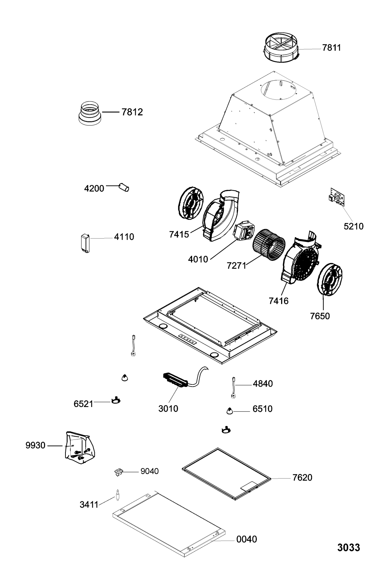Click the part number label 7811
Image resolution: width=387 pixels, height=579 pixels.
tap(331, 48)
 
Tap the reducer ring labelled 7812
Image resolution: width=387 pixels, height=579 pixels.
tap(90, 113)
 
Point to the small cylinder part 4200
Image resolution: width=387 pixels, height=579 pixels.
tap(124, 187)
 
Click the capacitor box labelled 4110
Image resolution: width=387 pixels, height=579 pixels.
tap(85, 243)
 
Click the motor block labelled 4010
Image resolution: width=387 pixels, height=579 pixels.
tap(244, 230)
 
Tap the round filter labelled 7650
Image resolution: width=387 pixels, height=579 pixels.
tap(329, 279)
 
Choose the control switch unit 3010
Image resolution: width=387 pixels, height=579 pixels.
tap(176, 380)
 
